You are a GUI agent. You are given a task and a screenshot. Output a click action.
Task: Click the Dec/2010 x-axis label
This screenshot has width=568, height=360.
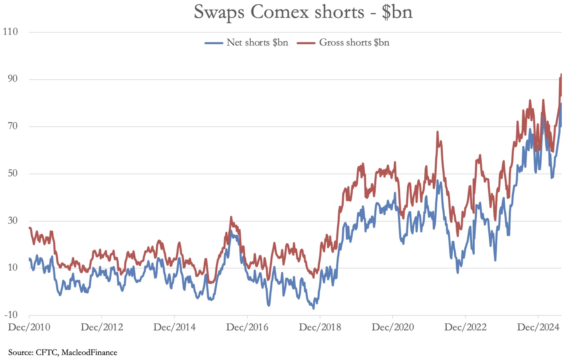pyautogui.click(x=29, y=327)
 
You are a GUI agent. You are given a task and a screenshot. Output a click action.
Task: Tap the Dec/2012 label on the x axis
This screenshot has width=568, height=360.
pyautogui.click(x=102, y=327)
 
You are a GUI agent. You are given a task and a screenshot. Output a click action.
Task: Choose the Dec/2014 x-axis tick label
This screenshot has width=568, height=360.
pyautogui.click(x=175, y=327)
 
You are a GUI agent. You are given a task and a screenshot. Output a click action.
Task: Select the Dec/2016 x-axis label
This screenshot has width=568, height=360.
pyautogui.click(x=247, y=327)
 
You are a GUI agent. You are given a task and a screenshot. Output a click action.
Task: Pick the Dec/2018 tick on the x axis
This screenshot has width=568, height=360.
pyautogui.click(x=320, y=327)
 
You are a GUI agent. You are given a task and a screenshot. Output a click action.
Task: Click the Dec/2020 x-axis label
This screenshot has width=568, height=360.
pyautogui.click(x=393, y=327)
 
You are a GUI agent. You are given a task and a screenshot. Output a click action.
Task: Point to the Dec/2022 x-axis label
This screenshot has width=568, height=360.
pyautogui.click(x=466, y=327)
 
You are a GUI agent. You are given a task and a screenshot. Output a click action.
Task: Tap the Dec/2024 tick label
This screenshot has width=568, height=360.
pyautogui.click(x=538, y=327)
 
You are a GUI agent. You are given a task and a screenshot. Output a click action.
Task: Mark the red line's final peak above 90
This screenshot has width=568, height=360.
pyautogui.click(x=561, y=75)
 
